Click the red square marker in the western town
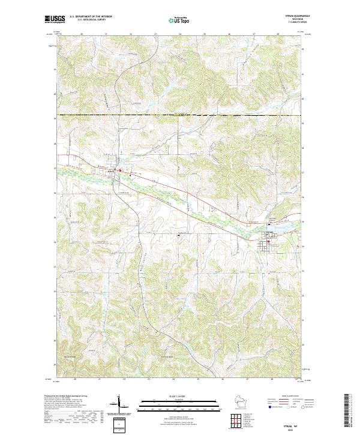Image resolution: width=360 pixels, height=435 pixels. point(119,171)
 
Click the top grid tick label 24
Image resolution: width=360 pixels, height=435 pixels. point(180,34)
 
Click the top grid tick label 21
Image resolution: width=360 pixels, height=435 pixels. point(106,34)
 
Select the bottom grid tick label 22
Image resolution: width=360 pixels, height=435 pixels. point(124,379)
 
